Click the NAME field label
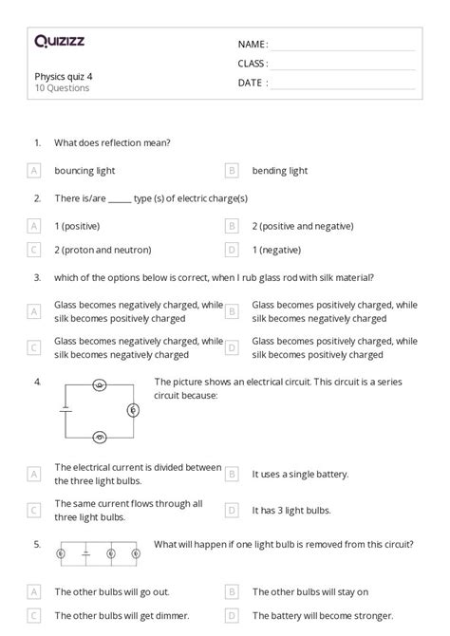(x=252, y=44)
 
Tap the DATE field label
(x=252, y=83)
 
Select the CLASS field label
(x=253, y=64)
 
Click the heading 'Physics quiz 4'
(x=64, y=76)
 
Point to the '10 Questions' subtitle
(x=62, y=88)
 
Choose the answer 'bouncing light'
(x=84, y=171)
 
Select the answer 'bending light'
(x=280, y=171)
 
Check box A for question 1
(x=34, y=171)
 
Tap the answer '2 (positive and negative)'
(x=303, y=226)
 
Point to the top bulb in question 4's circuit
(x=100, y=385)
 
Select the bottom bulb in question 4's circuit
(x=100, y=437)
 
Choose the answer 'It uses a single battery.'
(x=300, y=473)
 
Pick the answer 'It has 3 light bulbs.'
(x=291, y=510)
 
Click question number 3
(x=37, y=278)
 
